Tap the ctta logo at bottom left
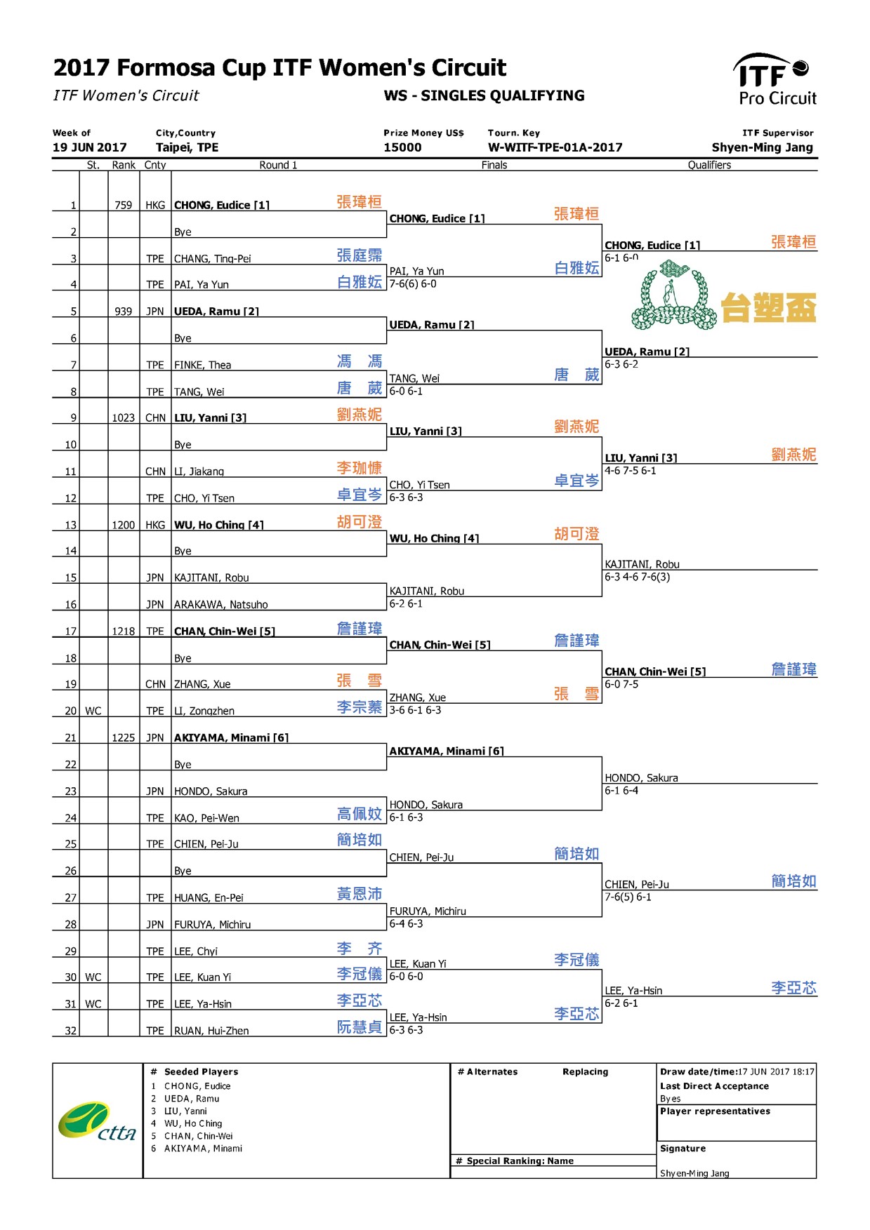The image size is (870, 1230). tap(97, 1121)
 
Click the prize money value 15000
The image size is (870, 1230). tap(402, 147)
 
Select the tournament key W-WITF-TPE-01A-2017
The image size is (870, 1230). tap(555, 147)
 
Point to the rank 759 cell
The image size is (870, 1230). tap(124, 205)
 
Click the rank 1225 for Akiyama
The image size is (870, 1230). tap(124, 737)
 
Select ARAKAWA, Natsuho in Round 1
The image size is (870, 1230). tap(220, 604)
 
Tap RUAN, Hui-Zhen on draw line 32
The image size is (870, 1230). tap(211, 1031)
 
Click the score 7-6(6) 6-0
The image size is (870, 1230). tap(413, 284)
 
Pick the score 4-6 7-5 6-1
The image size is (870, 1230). tap(630, 471)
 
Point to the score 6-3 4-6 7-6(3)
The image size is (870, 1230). tap(637, 577)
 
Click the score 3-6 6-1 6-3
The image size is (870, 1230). tap(415, 710)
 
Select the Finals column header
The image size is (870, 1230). tap(494, 165)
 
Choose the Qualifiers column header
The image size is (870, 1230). tap(708, 165)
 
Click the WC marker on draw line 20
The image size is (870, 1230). tap(93, 711)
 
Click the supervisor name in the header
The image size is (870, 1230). tap(762, 147)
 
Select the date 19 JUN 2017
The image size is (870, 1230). tap(90, 147)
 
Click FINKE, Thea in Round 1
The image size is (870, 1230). tap(202, 365)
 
